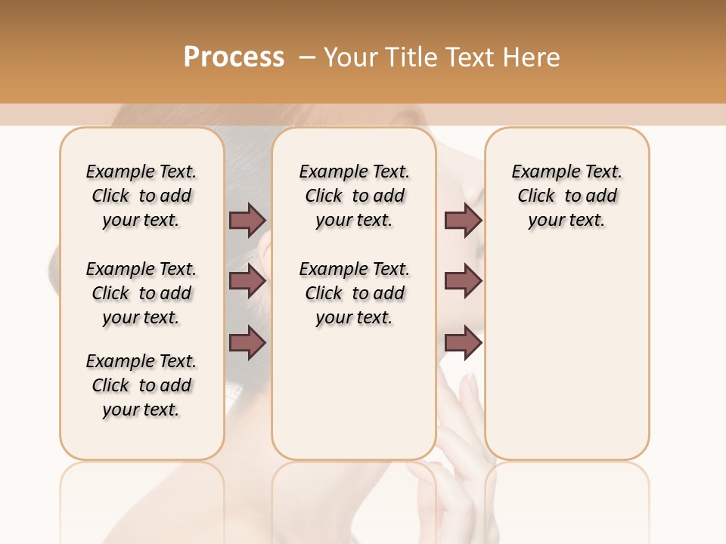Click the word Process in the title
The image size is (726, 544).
coord(234,57)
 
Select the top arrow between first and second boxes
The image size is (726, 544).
coord(247,220)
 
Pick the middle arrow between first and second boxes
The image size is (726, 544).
coord(247,281)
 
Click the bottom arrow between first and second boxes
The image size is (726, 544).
coord(247,343)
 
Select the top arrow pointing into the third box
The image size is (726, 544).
coord(463,220)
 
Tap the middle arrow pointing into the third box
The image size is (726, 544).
coord(463,281)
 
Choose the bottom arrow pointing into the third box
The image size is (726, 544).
coord(463,343)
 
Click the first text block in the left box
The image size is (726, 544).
coord(141,196)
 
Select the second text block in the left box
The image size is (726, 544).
coord(141,293)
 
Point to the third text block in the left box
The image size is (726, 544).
coord(141,385)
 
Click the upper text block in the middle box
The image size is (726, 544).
coord(354,196)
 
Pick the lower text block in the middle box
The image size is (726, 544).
coord(354,293)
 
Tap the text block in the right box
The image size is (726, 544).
coord(566,196)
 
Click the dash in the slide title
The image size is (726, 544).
coord(307,57)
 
